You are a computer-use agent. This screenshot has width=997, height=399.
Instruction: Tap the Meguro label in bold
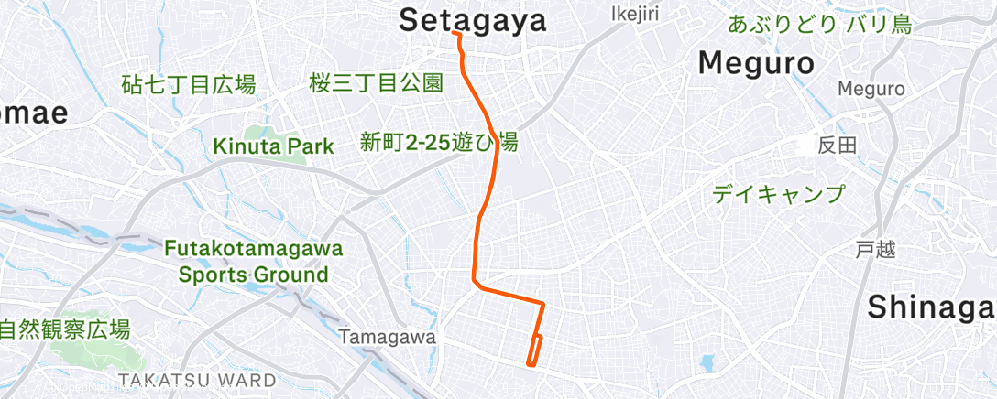(756, 63)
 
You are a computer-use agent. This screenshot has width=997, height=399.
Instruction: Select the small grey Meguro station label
(871, 89)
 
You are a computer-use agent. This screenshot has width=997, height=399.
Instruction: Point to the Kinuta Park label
(259, 146)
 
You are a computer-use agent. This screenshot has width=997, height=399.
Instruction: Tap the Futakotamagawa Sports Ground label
(253, 262)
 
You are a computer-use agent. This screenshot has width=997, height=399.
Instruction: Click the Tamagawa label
(387, 337)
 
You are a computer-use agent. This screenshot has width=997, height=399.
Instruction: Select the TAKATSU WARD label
(196, 380)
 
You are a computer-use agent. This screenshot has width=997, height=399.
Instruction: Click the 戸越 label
(874, 249)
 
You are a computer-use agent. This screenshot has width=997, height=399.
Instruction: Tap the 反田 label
(837, 145)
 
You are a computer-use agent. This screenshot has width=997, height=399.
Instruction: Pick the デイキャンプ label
(778, 194)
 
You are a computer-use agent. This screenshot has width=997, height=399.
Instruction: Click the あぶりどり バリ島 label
(820, 25)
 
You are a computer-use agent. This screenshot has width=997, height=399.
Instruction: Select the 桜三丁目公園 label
(377, 84)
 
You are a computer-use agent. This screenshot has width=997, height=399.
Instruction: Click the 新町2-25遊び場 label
(438, 142)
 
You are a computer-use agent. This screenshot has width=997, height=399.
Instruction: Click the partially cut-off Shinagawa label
(931, 307)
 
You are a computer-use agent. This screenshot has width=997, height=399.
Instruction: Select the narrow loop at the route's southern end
(534, 350)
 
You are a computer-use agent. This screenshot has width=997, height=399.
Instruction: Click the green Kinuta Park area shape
(275, 137)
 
